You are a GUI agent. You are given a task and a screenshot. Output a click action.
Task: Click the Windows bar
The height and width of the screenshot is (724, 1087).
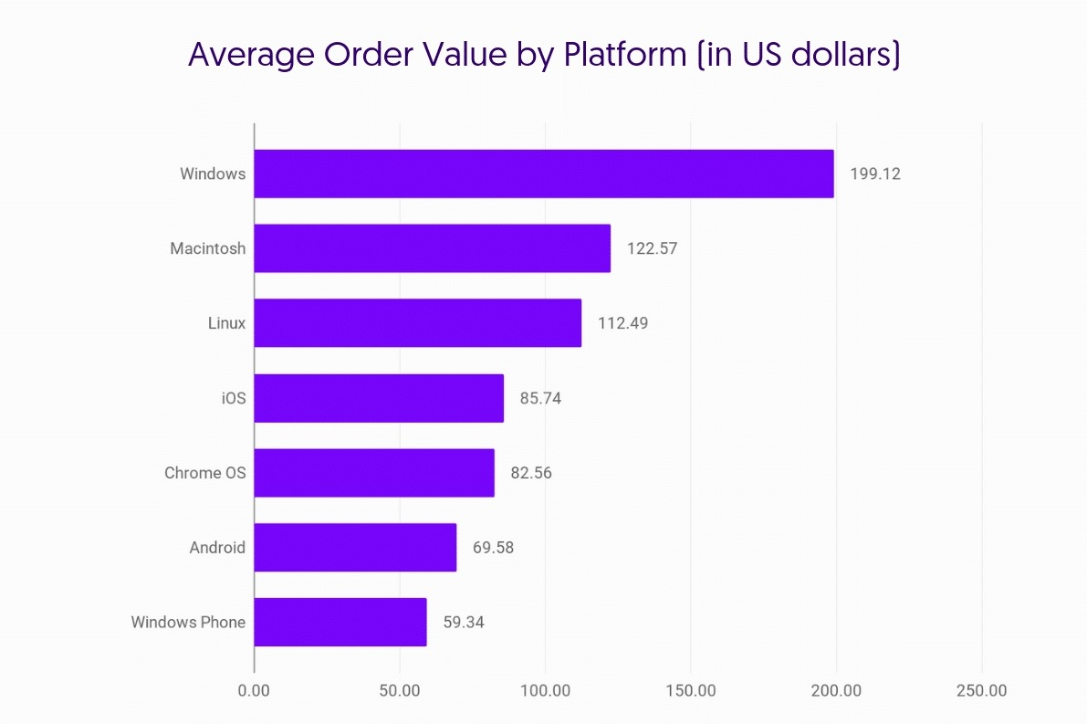coord(543,173)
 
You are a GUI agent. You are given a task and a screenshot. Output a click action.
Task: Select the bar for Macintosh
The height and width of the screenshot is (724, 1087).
coord(432,248)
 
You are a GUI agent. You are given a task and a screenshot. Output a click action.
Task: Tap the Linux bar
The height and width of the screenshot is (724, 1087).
coord(417,323)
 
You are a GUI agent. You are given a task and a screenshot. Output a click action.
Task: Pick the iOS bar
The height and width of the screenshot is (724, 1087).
coord(379,398)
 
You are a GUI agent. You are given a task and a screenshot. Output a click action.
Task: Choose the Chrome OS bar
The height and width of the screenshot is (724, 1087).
coord(374,473)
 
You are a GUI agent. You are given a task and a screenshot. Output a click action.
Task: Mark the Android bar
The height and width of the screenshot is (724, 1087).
coord(355,548)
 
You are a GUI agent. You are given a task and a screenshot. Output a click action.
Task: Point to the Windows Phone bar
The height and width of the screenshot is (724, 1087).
coord(340,623)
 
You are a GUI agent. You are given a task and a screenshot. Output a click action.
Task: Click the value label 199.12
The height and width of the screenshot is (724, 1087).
coord(874,173)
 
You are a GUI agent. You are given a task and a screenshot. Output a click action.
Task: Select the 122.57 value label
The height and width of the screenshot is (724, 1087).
coord(652,248)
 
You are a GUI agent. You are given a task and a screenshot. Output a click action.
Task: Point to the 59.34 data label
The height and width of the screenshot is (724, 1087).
coord(465,623)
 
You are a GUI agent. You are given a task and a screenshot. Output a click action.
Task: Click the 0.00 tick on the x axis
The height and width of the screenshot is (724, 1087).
coord(254,691)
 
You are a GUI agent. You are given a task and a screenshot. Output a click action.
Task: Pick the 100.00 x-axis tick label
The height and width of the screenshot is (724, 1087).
coord(545,691)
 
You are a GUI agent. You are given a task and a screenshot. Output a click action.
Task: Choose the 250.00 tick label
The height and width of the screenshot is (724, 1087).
coord(981,691)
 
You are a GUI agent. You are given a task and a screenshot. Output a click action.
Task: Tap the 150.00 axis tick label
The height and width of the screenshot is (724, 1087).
coord(690,691)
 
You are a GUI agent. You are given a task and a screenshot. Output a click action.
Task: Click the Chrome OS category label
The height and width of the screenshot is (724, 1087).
coord(204,473)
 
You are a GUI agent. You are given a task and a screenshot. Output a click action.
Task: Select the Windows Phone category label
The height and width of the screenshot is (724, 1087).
coord(188,623)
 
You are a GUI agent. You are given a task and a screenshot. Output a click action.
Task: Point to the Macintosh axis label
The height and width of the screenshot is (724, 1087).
coord(207,248)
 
